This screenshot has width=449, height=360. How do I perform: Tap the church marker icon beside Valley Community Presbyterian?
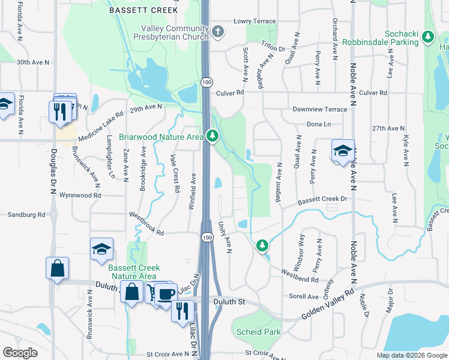(x=217, y=32)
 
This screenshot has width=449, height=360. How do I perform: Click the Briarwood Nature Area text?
(x=161, y=137)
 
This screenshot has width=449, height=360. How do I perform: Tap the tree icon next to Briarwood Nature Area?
(x=212, y=137)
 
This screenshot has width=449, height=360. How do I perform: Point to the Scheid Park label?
(x=259, y=332)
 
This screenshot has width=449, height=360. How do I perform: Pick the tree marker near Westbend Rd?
(x=262, y=245)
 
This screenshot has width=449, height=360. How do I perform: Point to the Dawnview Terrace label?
(x=319, y=109)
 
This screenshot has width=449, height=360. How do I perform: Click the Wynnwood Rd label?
(x=80, y=195)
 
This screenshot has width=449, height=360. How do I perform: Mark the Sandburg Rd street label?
(x=26, y=214)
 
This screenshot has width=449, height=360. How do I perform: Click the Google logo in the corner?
(x=20, y=353)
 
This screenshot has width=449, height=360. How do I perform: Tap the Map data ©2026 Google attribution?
(x=411, y=355)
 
